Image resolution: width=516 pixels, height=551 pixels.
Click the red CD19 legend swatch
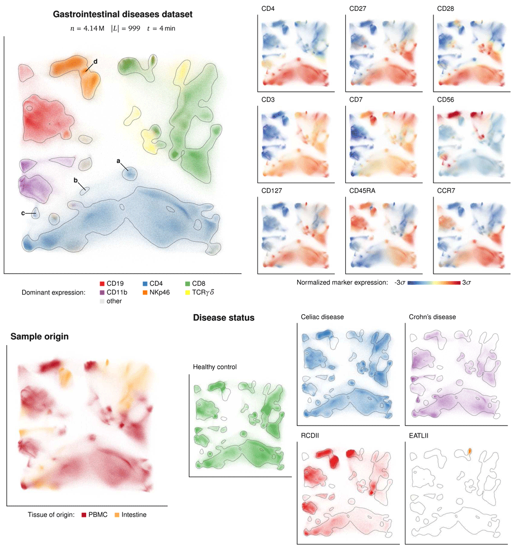[x=102, y=283]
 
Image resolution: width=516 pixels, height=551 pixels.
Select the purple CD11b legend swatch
[x=102, y=292]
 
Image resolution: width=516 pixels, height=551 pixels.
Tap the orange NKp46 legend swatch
[x=146, y=292]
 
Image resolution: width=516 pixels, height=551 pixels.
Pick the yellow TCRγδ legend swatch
[x=188, y=292]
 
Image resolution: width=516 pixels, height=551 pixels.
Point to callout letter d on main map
[x=95, y=61]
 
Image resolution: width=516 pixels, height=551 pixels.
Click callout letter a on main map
[x=119, y=161]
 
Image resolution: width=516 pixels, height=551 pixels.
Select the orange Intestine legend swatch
[x=117, y=514]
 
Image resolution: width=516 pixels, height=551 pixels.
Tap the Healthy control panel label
[x=215, y=367]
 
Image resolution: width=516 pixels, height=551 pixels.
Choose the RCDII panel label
[x=310, y=434]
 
